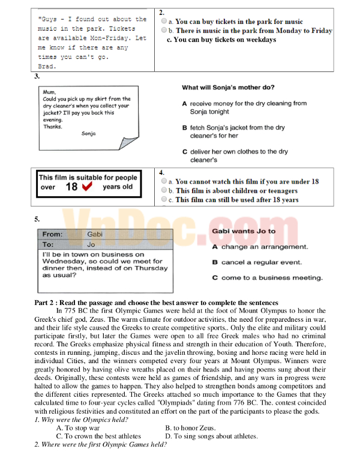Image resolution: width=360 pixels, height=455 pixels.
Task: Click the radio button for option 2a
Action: coord(164,22)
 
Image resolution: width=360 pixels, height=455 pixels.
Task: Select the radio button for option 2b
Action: coord(164,31)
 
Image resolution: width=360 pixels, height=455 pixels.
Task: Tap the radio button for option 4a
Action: coord(164,181)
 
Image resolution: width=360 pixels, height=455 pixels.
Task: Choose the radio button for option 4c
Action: coord(164,200)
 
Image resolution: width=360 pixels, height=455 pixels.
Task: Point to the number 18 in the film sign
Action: coord(71,187)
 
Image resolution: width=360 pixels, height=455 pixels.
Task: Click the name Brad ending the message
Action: coord(46,66)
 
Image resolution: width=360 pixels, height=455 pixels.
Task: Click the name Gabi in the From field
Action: coord(95,234)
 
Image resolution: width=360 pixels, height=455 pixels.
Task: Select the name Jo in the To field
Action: coord(91,245)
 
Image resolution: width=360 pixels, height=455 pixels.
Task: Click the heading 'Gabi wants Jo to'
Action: coord(244,231)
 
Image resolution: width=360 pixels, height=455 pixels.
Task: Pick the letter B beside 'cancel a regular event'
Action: coord(215,262)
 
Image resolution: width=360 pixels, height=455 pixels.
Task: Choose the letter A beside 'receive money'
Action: coord(184,103)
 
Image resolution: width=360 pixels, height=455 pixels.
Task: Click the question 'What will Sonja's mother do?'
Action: coord(229,88)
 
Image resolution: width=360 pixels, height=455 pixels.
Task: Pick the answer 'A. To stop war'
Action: coord(78,428)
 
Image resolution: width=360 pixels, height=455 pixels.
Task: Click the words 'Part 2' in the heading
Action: coord(46,303)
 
